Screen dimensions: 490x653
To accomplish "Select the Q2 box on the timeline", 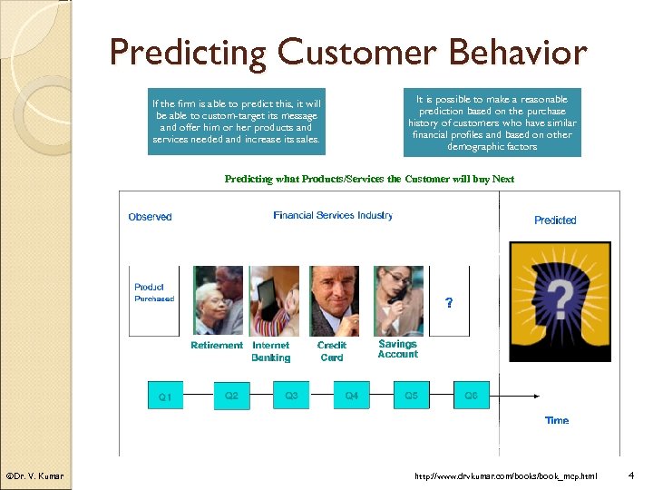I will [x=231, y=396].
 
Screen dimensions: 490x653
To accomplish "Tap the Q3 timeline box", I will [x=291, y=396].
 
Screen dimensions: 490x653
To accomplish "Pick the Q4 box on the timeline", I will [x=351, y=396].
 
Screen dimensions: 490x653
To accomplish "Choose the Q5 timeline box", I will [x=411, y=396].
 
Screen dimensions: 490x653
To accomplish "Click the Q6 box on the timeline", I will [x=471, y=396].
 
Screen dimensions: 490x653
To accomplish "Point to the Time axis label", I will [x=557, y=420].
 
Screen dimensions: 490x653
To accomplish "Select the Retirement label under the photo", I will [x=217, y=346].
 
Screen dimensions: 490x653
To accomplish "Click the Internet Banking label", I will [x=270, y=351].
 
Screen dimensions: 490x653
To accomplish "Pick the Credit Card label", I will [x=332, y=351].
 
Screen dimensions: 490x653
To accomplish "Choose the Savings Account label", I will [x=398, y=349].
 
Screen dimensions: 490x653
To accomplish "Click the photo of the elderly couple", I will [x=219, y=300].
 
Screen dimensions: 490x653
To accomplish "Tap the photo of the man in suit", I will [x=334, y=300].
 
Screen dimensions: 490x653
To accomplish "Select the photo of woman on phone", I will [x=398, y=300].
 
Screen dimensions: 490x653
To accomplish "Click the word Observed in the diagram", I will [x=150, y=217].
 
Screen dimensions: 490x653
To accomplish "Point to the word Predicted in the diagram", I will [x=555, y=220].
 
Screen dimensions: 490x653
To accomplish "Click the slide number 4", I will [x=631, y=475].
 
